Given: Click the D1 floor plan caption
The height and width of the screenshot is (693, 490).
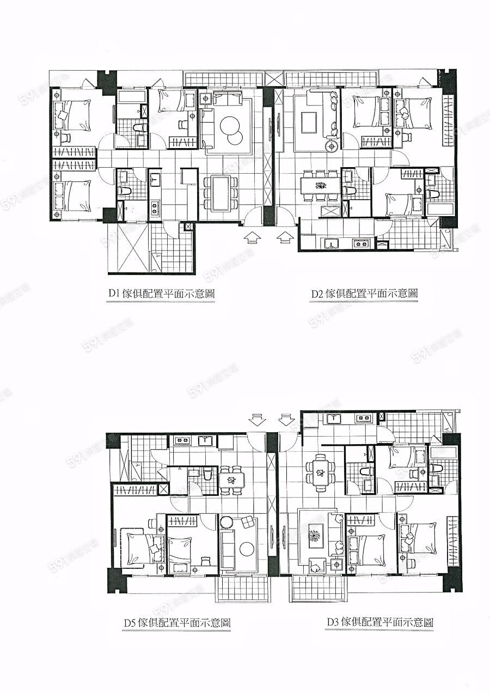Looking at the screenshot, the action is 161,293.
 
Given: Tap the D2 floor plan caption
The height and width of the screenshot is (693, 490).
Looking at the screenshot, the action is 364,293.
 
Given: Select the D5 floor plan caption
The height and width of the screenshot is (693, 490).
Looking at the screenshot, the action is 177,622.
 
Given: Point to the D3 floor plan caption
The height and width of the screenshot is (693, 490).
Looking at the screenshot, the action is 380,622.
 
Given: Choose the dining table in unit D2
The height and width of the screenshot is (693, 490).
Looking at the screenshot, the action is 321,185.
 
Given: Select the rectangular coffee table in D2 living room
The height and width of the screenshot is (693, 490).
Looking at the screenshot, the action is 309,122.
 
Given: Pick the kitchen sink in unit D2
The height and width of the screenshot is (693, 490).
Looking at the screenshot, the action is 333,244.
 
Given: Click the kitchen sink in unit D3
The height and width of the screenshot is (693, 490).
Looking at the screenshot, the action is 333,418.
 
